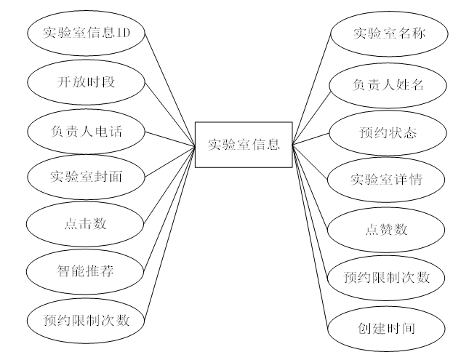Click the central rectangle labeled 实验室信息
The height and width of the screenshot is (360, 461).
click(x=243, y=144)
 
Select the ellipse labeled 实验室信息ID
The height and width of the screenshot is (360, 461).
click(x=86, y=33)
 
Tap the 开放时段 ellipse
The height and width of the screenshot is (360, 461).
click(x=86, y=81)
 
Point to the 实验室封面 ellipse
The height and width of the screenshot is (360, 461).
click(x=86, y=176)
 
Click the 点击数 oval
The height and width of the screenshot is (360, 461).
click(x=86, y=223)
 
